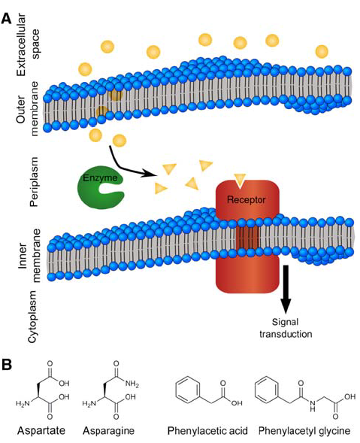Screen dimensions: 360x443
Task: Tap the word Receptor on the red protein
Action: pos(247,200)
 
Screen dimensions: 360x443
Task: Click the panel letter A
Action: pos(7,20)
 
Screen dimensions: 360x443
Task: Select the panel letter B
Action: pos(7,365)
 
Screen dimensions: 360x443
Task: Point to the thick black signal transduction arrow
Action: pos(286,290)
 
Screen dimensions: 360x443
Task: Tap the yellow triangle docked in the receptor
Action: pos(240,180)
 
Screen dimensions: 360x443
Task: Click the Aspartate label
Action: pos(41,431)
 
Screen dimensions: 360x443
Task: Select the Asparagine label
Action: pos(109,431)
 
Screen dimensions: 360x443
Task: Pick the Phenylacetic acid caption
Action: pos(207,431)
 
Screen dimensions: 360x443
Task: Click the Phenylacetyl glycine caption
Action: pos(304,431)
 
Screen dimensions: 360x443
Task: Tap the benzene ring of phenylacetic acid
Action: pos(188,391)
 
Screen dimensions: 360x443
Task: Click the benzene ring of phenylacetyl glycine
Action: pos(267,391)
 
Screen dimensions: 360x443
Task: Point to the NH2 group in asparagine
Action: pos(132,384)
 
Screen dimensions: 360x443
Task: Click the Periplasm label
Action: pos(34,182)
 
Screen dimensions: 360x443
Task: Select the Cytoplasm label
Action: pos(33,317)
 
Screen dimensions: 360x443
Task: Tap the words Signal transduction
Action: pos(286,328)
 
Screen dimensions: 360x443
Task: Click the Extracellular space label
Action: pos(29,44)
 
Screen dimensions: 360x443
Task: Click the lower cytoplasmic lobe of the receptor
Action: pos(247,274)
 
